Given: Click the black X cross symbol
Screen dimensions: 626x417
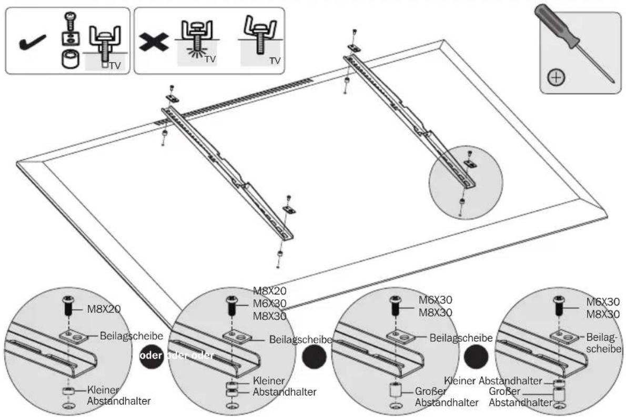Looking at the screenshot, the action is point(153,41).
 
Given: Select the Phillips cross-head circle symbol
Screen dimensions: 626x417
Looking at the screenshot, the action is point(556,77).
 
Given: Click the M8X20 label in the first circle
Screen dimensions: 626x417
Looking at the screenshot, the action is point(104,309).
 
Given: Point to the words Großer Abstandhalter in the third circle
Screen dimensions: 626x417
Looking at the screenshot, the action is point(446,396).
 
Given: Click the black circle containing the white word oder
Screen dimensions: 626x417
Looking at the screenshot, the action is point(152,355).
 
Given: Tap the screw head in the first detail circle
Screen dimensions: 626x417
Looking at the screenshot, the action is point(67,299).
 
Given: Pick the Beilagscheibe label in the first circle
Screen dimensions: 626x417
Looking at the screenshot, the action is point(132,335).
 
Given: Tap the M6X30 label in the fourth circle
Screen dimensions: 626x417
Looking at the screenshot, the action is point(603,302).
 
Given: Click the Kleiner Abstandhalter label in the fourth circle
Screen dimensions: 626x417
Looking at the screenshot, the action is point(493,381).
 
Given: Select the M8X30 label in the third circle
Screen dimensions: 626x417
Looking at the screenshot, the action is point(435,313).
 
